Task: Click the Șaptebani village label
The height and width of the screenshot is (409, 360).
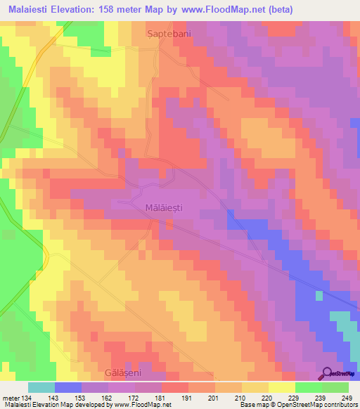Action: pos(169,33)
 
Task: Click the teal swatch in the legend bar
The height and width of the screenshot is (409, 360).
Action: pos(41,387)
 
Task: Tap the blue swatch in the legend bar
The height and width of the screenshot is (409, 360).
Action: pos(68,387)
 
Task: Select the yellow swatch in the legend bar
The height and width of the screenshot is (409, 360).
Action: pos(282,387)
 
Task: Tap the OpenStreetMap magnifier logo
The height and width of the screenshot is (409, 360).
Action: pos(327,374)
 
